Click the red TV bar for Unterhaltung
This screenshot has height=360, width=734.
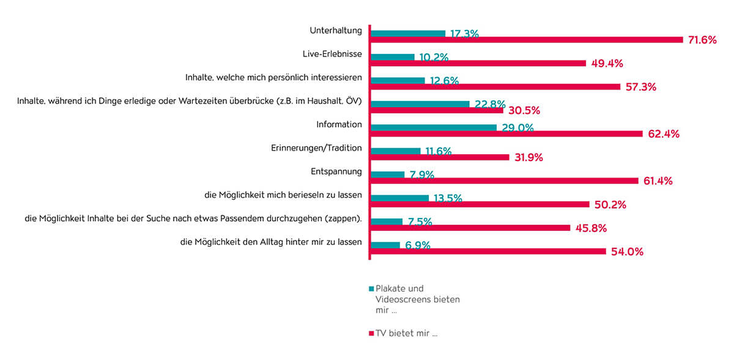527,40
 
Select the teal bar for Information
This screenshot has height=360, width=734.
434,127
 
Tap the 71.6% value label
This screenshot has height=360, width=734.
702,40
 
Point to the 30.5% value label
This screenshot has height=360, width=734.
524,111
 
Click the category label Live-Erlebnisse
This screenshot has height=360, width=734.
332,54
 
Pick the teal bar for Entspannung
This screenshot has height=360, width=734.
388,174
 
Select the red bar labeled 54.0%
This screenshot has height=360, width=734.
488,251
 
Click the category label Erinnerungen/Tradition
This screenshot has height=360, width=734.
316,148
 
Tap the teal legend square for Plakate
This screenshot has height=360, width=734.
371,289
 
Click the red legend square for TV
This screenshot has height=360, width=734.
371,334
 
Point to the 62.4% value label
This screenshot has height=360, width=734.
663,134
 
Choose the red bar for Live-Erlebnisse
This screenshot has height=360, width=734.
478,63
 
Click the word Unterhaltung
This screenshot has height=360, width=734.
335,31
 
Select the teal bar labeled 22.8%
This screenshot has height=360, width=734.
420,104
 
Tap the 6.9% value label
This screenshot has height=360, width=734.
418,245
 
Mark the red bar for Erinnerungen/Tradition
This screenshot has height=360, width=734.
440,157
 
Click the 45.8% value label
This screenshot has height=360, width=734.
591,228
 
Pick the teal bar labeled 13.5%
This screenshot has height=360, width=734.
400,198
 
